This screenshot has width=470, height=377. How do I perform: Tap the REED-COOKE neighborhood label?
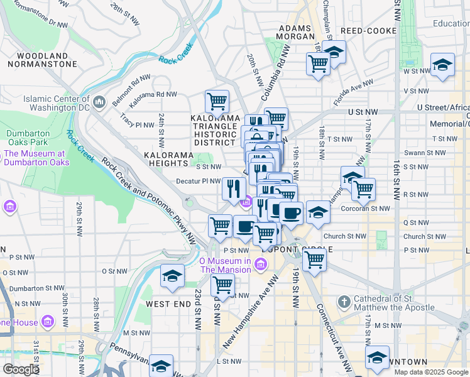[369, 31]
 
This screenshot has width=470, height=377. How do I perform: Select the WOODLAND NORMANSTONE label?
[38, 60]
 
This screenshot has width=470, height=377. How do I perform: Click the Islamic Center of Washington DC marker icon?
[99, 102]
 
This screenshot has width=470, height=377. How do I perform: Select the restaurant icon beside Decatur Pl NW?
[234, 187]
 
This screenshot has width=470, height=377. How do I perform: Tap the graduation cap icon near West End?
[172, 276]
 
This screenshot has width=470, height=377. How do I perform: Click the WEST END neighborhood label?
[168, 304]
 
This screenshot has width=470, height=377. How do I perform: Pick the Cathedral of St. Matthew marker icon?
[344, 303]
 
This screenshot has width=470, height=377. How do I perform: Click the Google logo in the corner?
[20, 369]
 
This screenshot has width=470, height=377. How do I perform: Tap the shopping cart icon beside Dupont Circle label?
[314, 258]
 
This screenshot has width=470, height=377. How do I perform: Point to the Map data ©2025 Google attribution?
[430, 372]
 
